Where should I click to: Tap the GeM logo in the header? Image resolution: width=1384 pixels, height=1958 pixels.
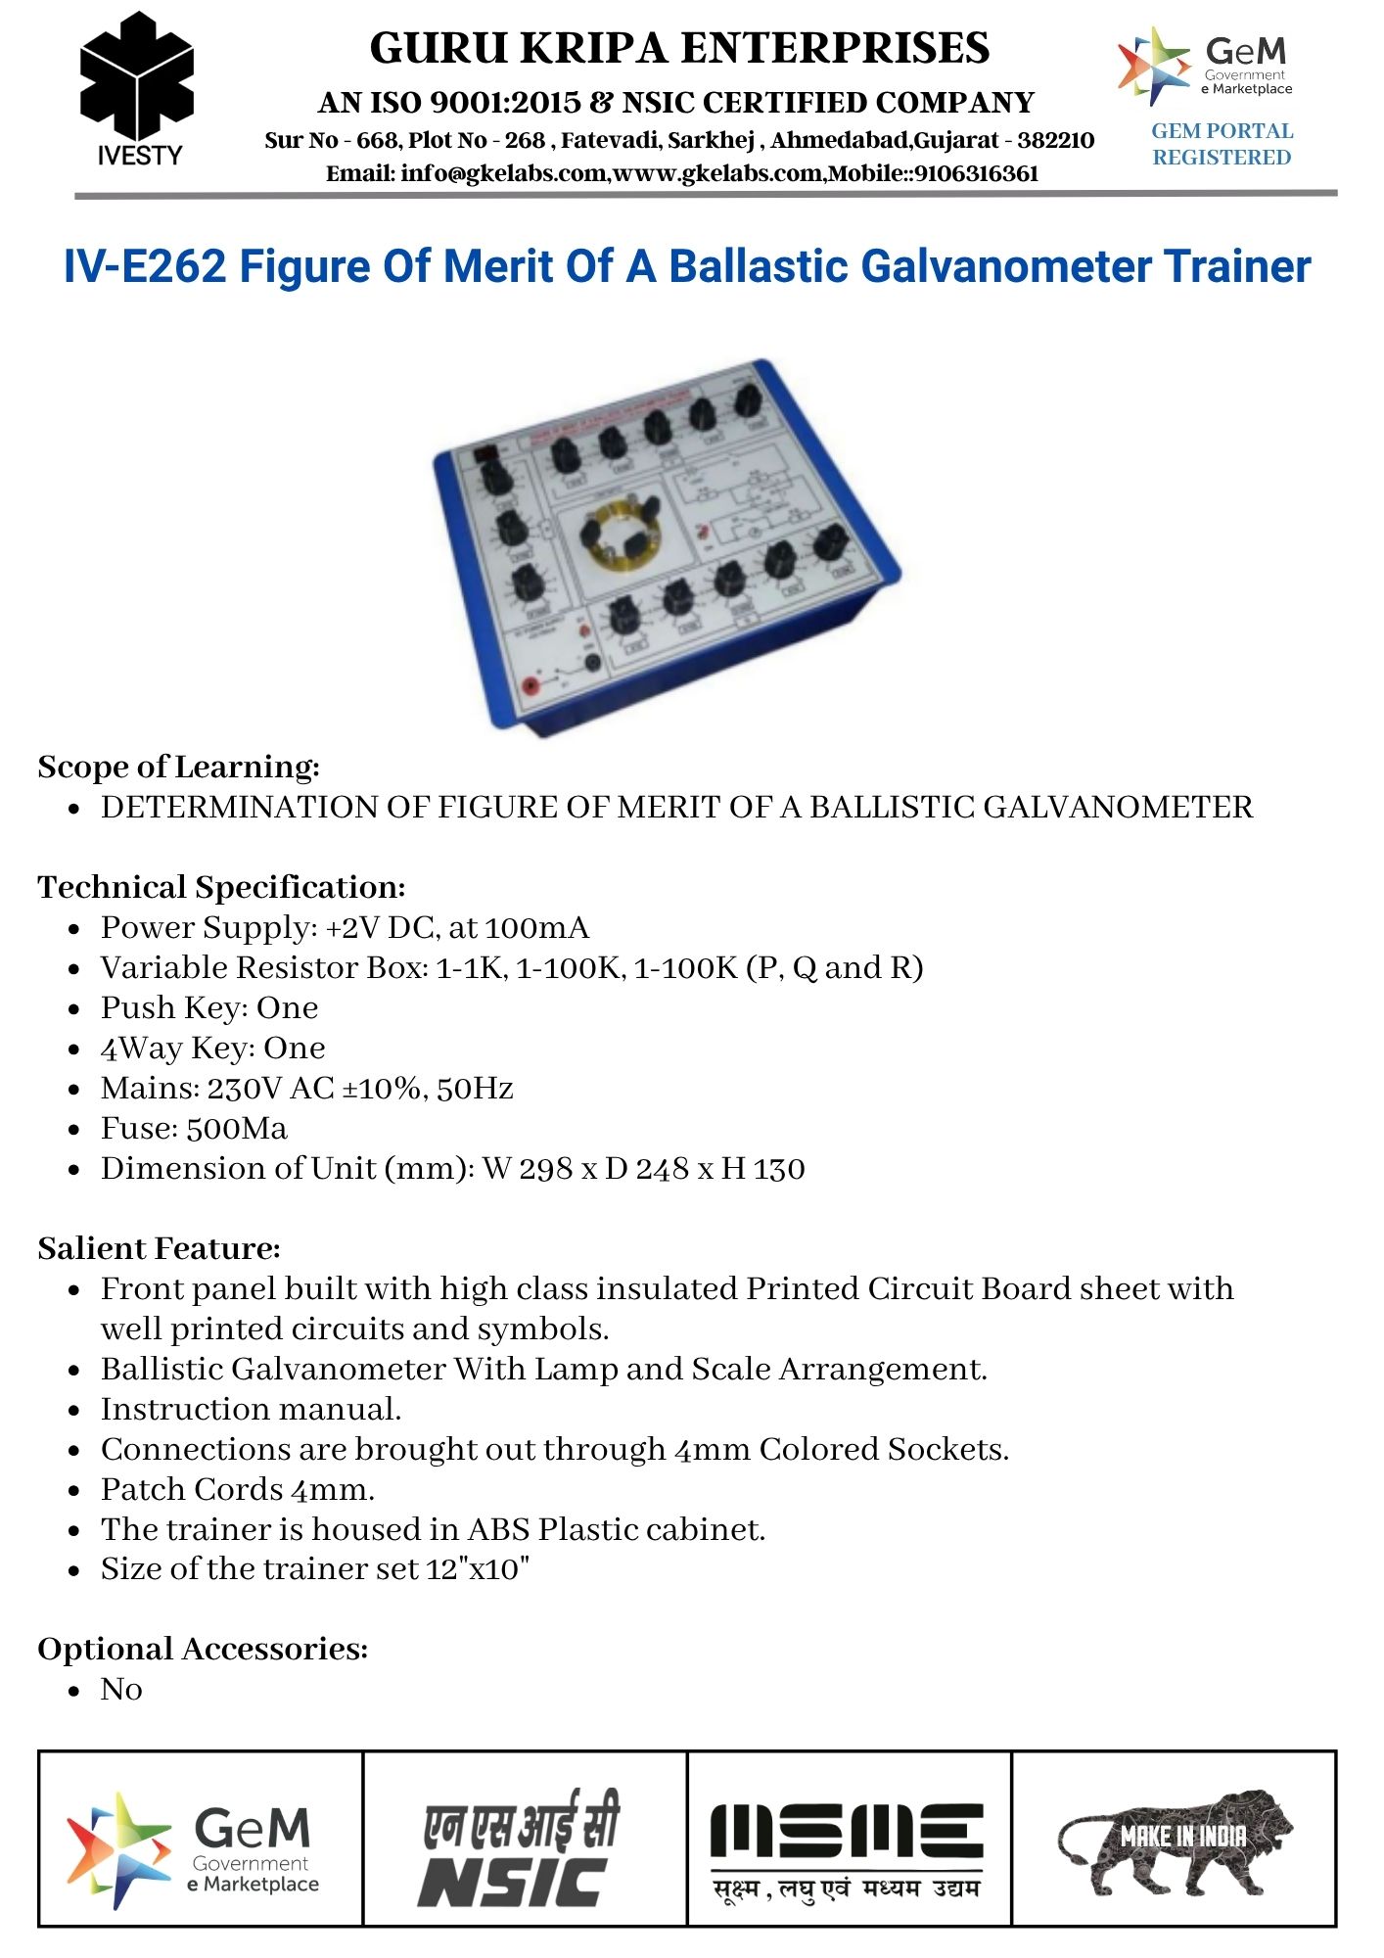coord(1206,66)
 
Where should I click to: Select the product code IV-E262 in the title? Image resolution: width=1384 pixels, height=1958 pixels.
coord(145,266)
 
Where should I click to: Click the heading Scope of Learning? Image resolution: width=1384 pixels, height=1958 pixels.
coord(178,767)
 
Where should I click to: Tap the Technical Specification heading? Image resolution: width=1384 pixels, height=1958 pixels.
coord(221,887)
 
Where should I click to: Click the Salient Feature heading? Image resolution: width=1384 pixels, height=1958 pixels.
coord(159,1248)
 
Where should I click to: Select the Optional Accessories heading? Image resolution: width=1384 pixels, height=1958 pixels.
coord(203,1649)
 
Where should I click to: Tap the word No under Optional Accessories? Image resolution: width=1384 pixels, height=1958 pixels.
coord(121,1690)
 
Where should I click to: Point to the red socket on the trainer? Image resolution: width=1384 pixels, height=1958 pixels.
coord(532,686)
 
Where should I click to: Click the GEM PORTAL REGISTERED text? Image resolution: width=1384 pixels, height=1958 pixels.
coord(1222,144)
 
